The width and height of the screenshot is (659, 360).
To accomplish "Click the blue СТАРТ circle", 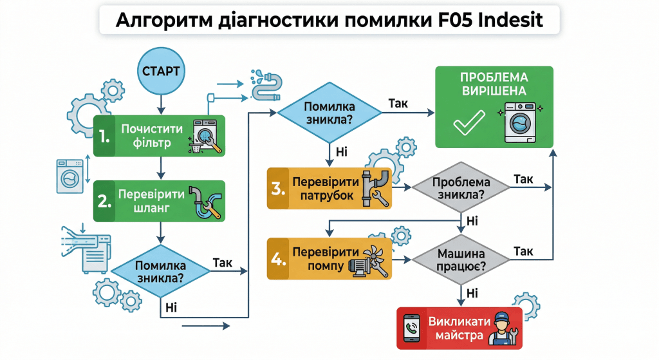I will tap(160, 69).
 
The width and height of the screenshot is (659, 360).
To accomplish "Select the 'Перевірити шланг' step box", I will tap(159, 201).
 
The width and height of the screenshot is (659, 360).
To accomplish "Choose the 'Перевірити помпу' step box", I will tap(329, 259).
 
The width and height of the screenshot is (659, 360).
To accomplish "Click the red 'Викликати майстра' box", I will tap(459, 328).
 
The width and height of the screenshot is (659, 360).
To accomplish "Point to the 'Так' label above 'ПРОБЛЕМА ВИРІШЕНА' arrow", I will tap(398, 103).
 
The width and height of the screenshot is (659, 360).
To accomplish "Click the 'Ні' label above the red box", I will tap(472, 292).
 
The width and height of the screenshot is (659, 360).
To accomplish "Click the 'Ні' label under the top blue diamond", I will tap(342, 151).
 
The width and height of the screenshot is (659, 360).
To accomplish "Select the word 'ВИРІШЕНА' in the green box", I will tap(494, 91).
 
